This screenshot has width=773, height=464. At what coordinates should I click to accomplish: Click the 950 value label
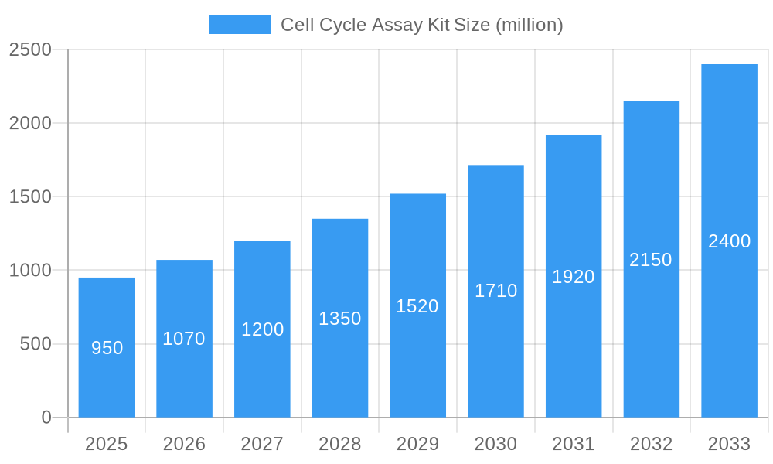tap(107, 348)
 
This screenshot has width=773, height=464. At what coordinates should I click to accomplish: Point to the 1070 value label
tap(184, 339)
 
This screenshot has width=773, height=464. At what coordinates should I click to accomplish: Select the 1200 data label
tap(262, 329)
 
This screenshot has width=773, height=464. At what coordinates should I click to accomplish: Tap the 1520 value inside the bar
tap(417, 306)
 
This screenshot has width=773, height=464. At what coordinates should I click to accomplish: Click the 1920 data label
tap(573, 277)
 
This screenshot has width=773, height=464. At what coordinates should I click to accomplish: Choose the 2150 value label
tap(651, 260)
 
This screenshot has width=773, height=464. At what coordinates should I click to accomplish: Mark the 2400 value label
tap(729, 241)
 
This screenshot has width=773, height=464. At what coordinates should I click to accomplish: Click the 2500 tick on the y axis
tap(30, 49)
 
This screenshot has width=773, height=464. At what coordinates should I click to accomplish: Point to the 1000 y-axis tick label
tap(30, 271)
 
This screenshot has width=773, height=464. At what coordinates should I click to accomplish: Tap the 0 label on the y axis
tap(46, 418)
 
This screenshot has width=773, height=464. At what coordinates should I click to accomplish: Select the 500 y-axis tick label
tap(36, 344)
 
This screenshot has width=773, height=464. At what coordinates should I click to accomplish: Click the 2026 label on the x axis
tap(184, 444)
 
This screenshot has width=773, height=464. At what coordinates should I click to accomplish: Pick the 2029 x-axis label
tap(417, 444)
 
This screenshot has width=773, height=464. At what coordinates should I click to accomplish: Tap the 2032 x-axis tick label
tap(651, 444)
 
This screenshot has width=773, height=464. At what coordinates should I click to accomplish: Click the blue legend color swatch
tap(240, 25)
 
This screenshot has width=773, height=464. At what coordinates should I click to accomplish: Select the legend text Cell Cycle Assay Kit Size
tap(421, 25)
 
